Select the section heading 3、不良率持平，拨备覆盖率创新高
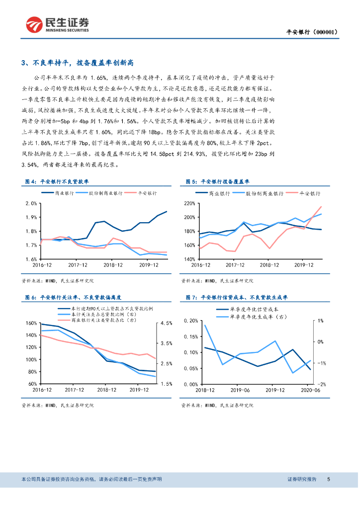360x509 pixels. click(x=78, y=63)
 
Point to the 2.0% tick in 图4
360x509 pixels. click(x=31, y=203)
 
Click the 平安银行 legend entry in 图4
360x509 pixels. click(x=148, y=193)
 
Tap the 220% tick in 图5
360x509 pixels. click(x=189, y=203)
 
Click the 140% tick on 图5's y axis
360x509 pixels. click(x=189, y=259)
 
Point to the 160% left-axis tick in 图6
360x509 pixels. click(x=31, y=323)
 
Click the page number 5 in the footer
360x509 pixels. click(x=329, y=479)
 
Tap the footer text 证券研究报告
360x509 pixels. click(x=302, y=479)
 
